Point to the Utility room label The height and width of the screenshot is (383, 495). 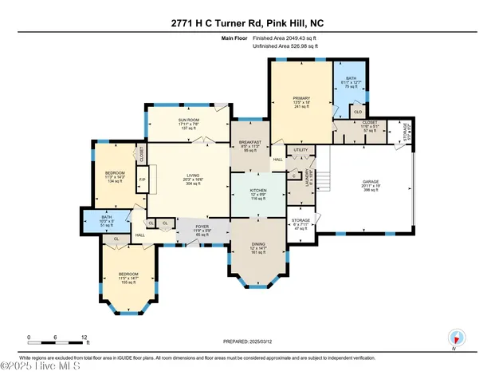click(x=301, y=149)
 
